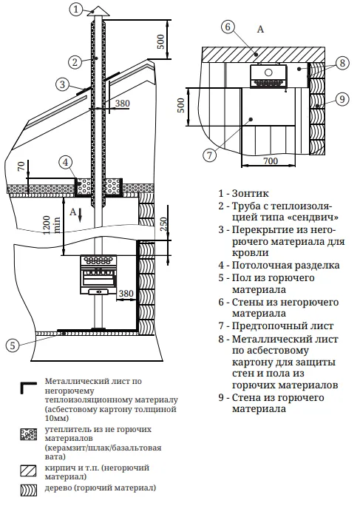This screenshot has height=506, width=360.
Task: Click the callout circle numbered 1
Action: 76,10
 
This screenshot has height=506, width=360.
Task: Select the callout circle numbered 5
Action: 13,345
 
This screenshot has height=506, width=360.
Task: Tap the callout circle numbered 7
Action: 210,155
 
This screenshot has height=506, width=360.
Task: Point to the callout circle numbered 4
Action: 66,163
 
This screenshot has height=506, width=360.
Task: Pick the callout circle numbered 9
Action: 342,99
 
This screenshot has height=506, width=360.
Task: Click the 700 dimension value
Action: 271,161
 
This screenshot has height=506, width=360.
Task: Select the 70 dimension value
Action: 21,167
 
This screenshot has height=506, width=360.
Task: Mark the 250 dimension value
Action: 164,223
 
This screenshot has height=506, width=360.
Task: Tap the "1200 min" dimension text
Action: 51,225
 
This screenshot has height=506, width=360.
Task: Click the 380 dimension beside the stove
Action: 126,293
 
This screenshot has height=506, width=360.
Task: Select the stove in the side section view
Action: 98,275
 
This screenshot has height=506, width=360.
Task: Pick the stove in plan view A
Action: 268,76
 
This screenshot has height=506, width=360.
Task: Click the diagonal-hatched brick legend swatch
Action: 29,470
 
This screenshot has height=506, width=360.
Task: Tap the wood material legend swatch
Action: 29,490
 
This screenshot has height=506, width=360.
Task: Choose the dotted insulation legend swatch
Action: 29,434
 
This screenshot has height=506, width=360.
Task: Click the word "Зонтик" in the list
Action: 251,193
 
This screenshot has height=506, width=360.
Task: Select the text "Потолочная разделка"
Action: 286,266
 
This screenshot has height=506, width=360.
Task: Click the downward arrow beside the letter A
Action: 81,215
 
